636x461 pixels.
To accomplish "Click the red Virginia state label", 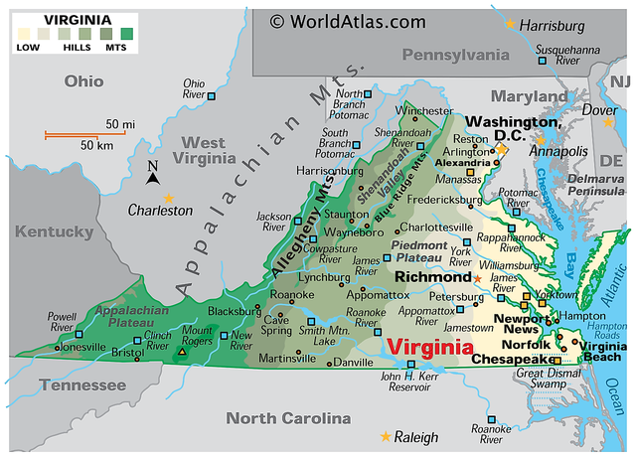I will [x=429, y=348].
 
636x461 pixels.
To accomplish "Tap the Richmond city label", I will [x=432, y=276].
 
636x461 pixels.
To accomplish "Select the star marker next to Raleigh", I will [x=386, y=436].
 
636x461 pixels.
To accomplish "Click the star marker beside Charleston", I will [x=168, y=198].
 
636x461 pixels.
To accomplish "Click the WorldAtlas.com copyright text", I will [x=347, y=21].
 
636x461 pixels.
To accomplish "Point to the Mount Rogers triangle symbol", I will [x=182, y=352].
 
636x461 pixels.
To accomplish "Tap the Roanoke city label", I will [x=293, y=295].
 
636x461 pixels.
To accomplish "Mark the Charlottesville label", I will [x=435, y=227].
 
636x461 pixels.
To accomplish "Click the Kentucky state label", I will [x=54, y=232].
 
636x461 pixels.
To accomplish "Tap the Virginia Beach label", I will [x=602, y=351].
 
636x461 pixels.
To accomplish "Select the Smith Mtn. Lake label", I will [x=325, y=335].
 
